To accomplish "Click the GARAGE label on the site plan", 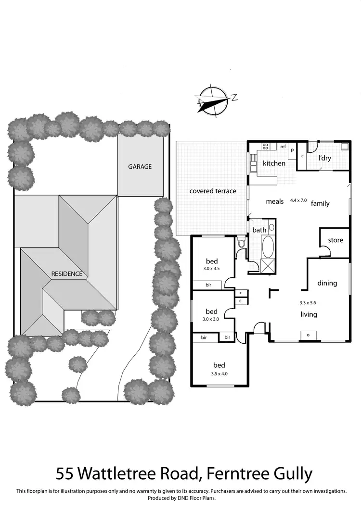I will coord(140,167).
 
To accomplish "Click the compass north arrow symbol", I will coord(212,100).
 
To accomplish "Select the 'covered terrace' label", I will coord(213,191).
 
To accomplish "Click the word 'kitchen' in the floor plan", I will coord(274,163).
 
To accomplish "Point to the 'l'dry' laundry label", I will coord(325,158).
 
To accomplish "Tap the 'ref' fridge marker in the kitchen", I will coord(283,147).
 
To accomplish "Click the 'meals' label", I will coord(275,201).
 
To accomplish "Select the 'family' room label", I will coord(320,203).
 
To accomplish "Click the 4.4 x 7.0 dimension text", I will coord(297,199).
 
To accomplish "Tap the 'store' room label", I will coord(335,240).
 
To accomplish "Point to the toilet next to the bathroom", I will coord(241,244).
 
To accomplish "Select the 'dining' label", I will coord(327,283).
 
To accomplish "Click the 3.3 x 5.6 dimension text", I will coord(307,303).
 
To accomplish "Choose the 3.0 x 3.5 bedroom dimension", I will coord(211,269).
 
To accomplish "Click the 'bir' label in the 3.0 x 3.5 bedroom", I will coord(208,285).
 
